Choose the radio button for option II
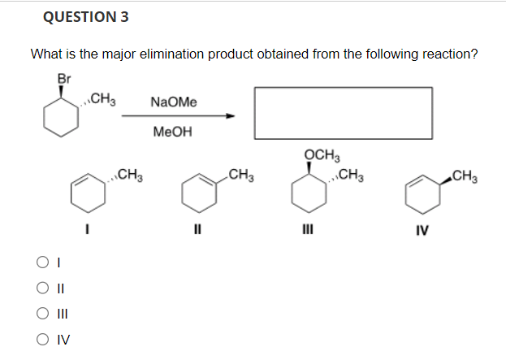(40, 288)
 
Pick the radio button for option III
(40, 314)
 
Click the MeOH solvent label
(172, 132)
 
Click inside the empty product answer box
(343, 113)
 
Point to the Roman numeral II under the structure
(197, 230)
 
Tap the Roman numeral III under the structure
(306, 230)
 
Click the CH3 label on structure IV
(465, 173)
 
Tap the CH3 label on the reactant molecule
(104, 100)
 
